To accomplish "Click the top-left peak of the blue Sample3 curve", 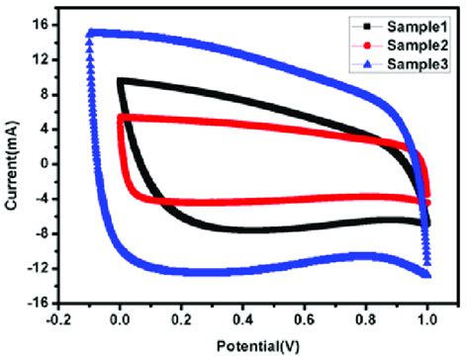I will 90,33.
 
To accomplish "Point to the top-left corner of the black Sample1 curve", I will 121,81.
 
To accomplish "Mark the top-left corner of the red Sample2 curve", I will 121,118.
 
